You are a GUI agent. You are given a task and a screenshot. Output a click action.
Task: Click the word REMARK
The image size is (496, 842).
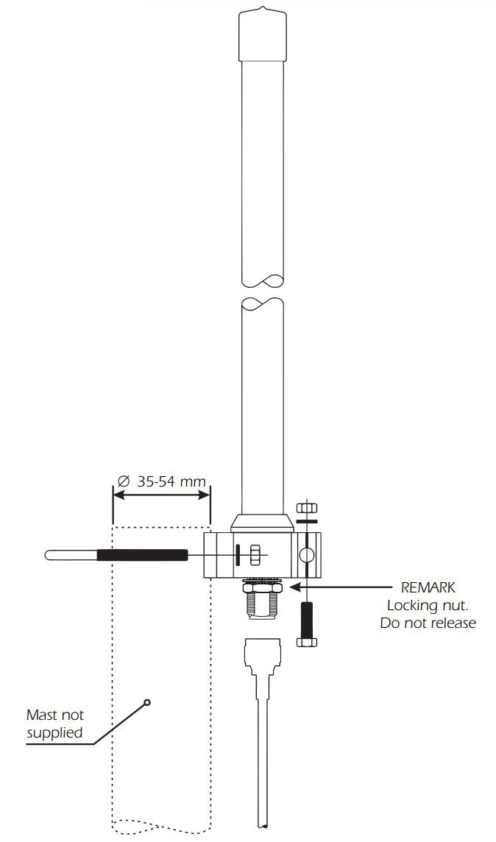tap(428, 587)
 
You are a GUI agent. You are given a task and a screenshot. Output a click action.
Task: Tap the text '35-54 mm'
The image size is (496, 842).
tap(171, 481)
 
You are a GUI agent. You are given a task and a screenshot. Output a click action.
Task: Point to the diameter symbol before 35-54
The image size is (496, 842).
tap(123, 481)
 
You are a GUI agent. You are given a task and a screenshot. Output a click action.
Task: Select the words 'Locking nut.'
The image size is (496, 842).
tap(428, 605)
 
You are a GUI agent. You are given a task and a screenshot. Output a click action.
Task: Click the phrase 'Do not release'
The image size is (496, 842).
tap(428, 623)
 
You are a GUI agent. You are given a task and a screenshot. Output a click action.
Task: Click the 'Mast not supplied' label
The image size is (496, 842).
tap(55, 724)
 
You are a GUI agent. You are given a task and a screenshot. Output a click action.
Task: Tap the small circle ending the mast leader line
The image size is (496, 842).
tap(147, 702)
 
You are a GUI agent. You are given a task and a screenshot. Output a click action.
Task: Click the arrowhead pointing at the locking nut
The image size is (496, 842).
tap(294, 587)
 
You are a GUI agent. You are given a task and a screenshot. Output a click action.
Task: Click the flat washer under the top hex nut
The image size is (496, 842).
tap(307, 521)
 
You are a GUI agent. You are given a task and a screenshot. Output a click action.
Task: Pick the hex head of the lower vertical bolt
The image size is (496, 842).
tap(307, 642)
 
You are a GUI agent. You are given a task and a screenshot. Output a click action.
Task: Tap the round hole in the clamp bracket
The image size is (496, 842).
tap(307, 555)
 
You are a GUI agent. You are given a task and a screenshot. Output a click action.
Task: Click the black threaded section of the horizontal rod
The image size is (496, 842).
tap(142, 555)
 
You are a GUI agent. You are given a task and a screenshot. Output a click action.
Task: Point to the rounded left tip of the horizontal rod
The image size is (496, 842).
tap(47, 555)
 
